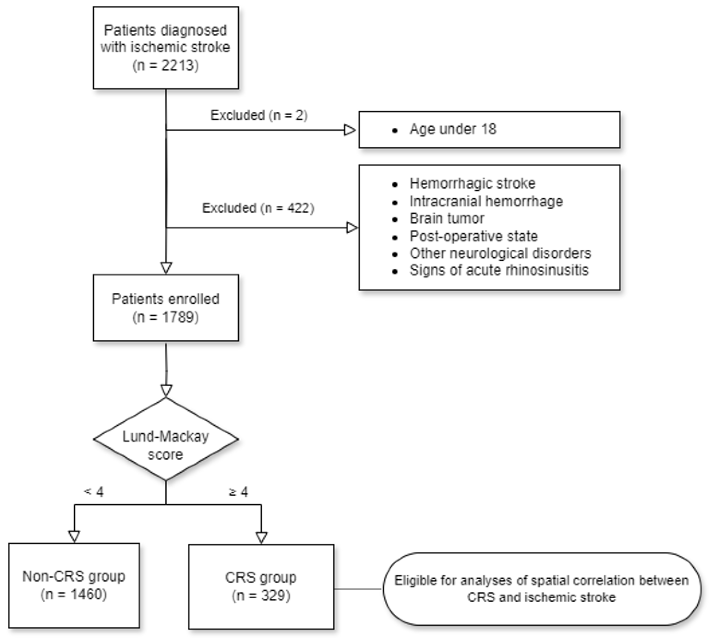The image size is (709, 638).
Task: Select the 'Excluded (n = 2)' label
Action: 259,115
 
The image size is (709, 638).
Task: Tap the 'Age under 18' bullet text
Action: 452,129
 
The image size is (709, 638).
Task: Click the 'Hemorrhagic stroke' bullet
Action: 472,183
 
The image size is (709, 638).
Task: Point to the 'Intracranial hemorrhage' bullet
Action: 486,201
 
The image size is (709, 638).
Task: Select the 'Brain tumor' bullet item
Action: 447,218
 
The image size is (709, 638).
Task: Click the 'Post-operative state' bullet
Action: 473,236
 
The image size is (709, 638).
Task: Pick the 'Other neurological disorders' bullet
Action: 500,253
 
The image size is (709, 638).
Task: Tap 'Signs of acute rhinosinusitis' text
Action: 498,270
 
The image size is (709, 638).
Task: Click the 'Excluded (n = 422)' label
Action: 258,208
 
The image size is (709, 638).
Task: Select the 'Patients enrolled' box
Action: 166,307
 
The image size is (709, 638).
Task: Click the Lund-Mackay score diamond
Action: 166,439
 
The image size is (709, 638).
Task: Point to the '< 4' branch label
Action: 94,492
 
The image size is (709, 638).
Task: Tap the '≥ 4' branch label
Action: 238,492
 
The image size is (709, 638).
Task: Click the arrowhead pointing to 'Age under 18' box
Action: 350,130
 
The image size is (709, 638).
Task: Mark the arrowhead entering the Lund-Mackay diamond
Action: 166,390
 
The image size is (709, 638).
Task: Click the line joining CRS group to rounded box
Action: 358,589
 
